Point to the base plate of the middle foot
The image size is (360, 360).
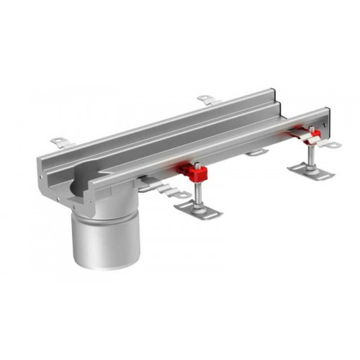pos(197,210)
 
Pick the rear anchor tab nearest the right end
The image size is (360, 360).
pos(207,99)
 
